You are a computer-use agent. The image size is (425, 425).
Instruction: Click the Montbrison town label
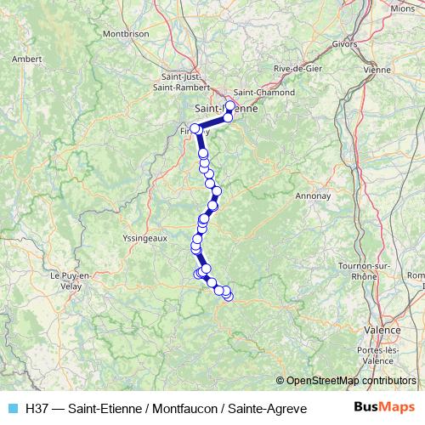pos(126,34)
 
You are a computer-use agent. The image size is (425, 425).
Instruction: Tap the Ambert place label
pos(27,59)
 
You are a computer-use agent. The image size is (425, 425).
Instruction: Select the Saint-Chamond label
pos(263,93)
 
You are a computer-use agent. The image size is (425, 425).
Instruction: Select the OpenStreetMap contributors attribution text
pos(350,381)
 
